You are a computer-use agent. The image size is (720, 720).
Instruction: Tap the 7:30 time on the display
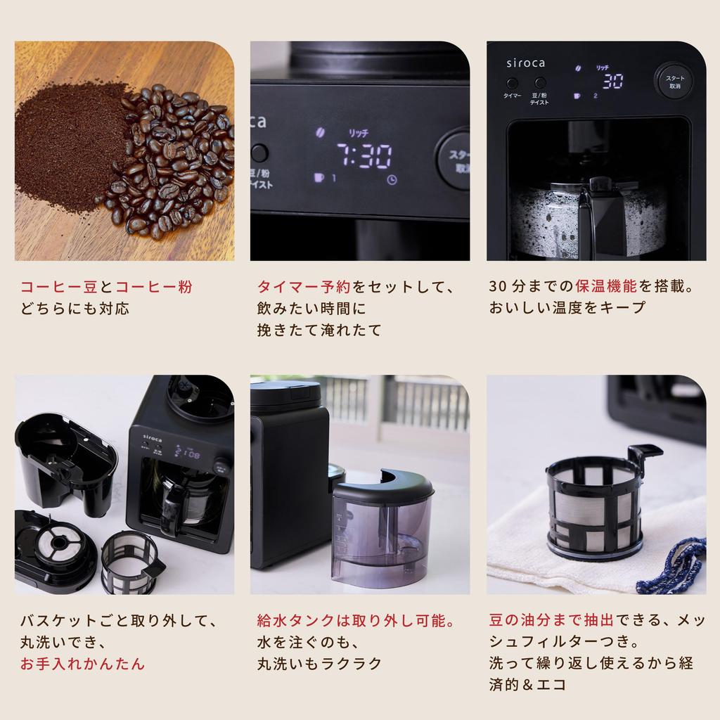pyautogui.click(x=364, y=157)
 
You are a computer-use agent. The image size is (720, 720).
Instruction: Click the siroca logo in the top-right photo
pyautogui.click(x=526, y=63)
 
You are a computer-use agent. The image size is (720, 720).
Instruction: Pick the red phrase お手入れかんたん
pyautogui.click(x=82, y=664)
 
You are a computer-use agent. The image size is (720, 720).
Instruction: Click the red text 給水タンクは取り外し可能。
pyautogui.click(x=356, y=622)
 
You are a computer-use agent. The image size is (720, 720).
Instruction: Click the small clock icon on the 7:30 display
pyautogui.click(x=391, y=179)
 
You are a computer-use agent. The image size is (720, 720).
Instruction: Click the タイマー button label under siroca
pyautogui.click(x=513, y=96)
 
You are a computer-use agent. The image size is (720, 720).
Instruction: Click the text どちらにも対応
pyautogui.click(x=75, y=308)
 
